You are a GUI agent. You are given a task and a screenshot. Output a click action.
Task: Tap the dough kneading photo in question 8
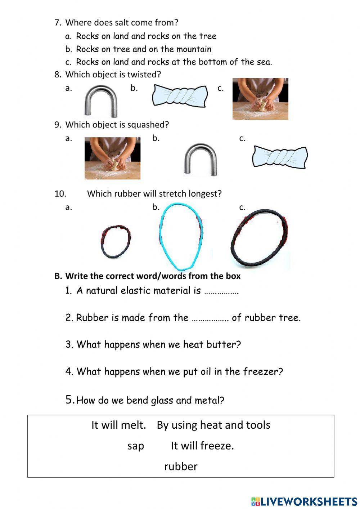point(260,99)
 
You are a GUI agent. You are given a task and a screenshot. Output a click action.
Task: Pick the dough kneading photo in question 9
point(112,158)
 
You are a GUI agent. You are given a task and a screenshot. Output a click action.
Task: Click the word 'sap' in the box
point(136,446)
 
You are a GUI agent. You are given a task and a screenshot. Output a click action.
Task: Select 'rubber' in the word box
point(181,466)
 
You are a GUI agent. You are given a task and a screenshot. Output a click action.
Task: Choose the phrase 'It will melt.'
point(118,425)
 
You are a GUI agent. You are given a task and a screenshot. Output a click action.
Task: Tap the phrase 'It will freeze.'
point(202,446)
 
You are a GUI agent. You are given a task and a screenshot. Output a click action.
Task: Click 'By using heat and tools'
point(213,425)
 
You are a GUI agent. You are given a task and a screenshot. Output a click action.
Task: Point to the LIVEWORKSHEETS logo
point(304,501)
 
